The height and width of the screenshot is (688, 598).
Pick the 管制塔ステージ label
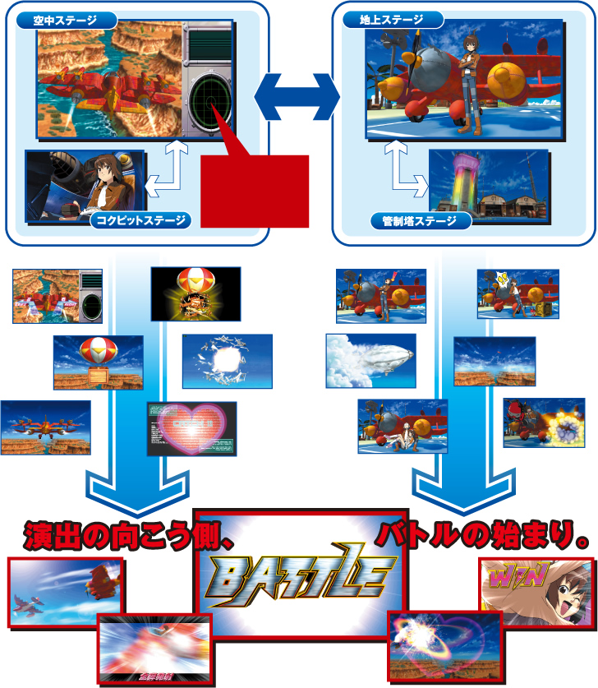[x=419, y=220]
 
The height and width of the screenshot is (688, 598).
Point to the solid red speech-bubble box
[x=255, y=190]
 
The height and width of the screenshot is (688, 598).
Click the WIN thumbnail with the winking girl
[x=536, y=592]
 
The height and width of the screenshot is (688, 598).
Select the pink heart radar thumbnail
[x=191, y=427]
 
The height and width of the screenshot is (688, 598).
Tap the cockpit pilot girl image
[x=85, y=188]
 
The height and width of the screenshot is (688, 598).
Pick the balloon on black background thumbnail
[x=195, y=293]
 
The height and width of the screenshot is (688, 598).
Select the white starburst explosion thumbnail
[x=227, y=360]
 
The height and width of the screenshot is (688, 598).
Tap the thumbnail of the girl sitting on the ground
[x=402, y=426]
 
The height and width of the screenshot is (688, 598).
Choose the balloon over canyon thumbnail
[x=98, y=362]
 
